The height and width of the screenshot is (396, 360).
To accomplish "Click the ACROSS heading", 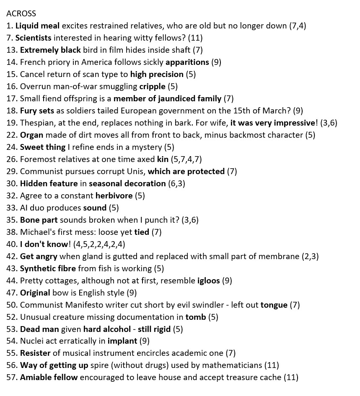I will [x=21, y=13].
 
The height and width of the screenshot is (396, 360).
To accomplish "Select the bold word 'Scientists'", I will [x=33, y=38].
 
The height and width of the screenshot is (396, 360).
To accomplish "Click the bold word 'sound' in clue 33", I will [x=95, y=208].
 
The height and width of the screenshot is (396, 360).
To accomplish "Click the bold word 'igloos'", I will [x=208, y=280].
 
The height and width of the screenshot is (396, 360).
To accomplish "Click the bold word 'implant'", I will [x=122, y=341].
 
